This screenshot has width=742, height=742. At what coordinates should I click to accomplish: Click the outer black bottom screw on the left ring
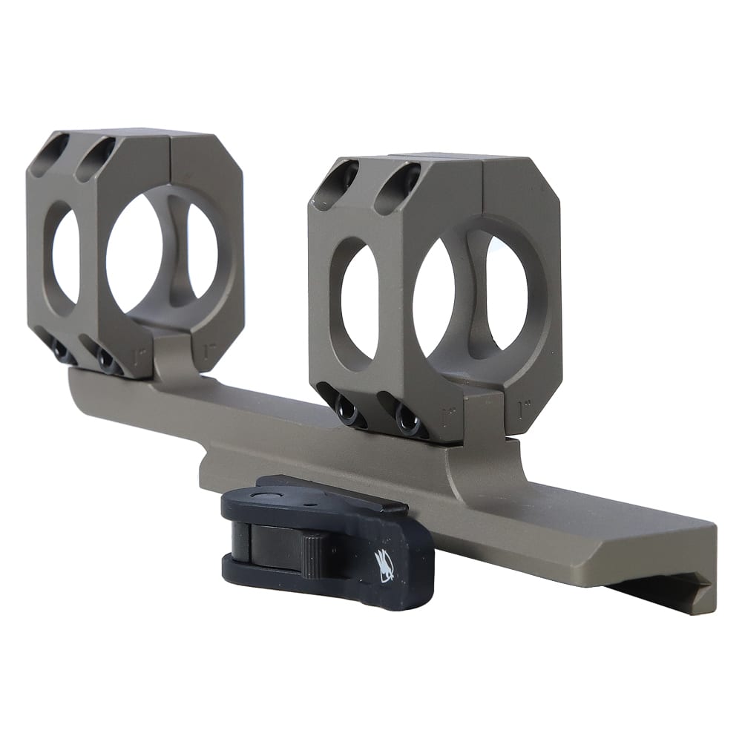coord(64,355)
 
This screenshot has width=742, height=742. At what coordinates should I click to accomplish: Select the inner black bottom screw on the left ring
coord(109,362)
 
